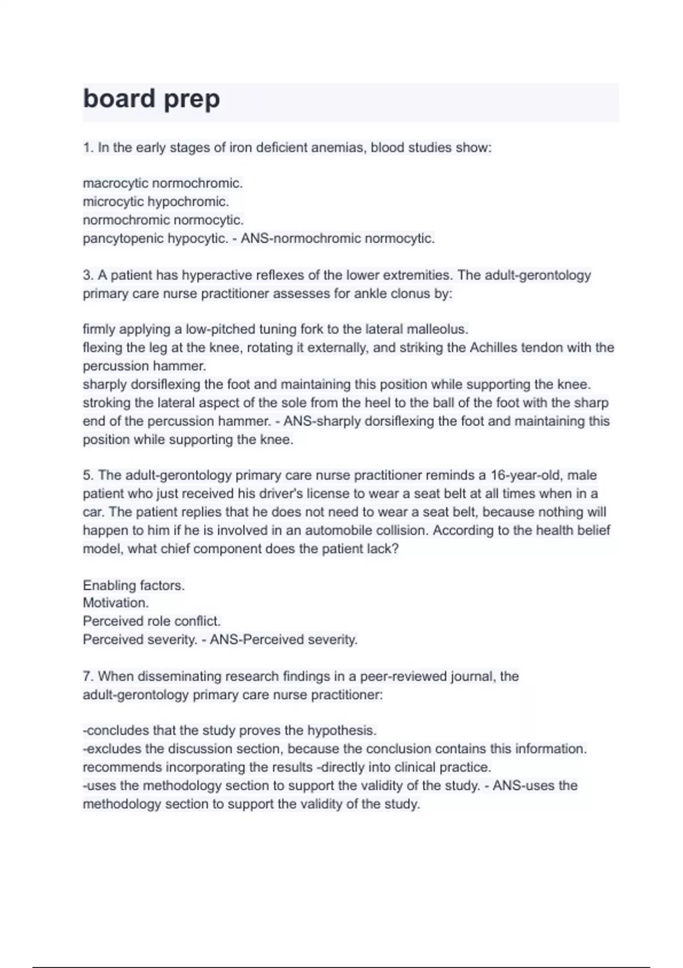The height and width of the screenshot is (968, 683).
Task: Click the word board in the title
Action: coord(119,99)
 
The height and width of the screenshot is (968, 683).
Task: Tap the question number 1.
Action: coord(88,148)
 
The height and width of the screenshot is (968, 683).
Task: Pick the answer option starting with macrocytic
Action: coord(163,183)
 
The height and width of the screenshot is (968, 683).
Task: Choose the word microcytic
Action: coord(113,202)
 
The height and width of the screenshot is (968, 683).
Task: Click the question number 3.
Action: coord(88,276)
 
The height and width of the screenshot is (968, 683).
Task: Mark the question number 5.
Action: coord(88,475)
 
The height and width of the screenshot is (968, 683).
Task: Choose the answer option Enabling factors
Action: coord(134,585)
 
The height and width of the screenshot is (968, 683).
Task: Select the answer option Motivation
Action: coord(116,602)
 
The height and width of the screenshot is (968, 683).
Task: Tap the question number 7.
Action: coord(88,676)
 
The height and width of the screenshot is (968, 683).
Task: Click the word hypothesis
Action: coord(341,731)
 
